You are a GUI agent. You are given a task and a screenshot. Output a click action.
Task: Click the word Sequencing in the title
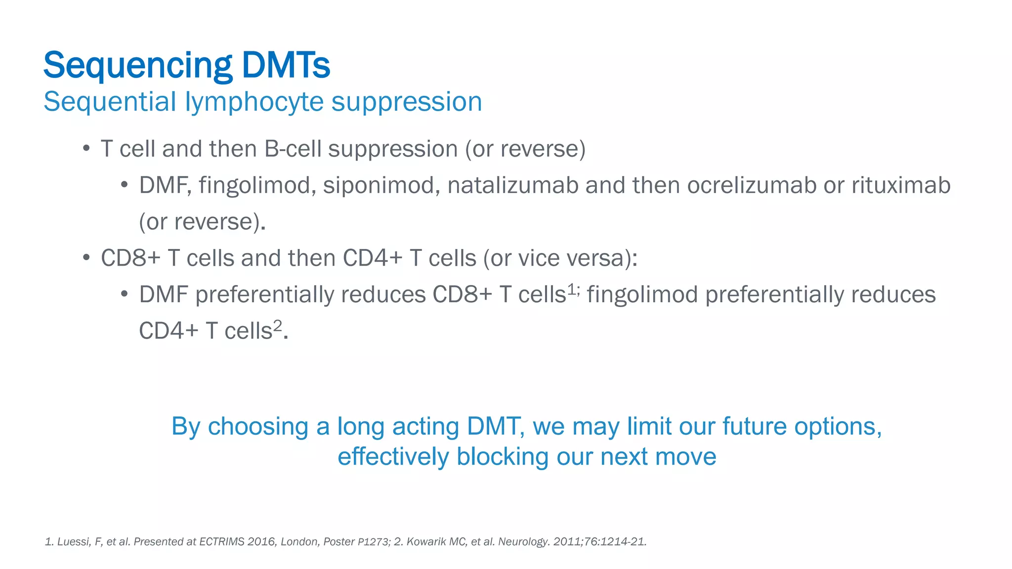tap(138, 66)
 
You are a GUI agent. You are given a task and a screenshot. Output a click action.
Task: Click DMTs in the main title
tap(286, 65)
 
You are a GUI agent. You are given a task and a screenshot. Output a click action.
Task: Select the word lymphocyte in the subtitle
tap(254, 102)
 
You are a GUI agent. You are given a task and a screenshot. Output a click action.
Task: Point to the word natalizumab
tap(513, 186)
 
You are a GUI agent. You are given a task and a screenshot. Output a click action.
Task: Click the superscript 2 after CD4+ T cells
tap(278, 325)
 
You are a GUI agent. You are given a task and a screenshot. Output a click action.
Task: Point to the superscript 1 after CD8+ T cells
tap(571, 289)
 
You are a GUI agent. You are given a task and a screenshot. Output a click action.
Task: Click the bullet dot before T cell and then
tap(86, 148)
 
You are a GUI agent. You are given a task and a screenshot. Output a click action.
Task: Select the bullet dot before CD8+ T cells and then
tap(86, 258)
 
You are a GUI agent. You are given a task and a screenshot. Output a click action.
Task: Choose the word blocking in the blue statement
tap(503, 456)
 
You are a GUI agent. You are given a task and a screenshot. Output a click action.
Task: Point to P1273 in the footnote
tap(373, 542)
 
